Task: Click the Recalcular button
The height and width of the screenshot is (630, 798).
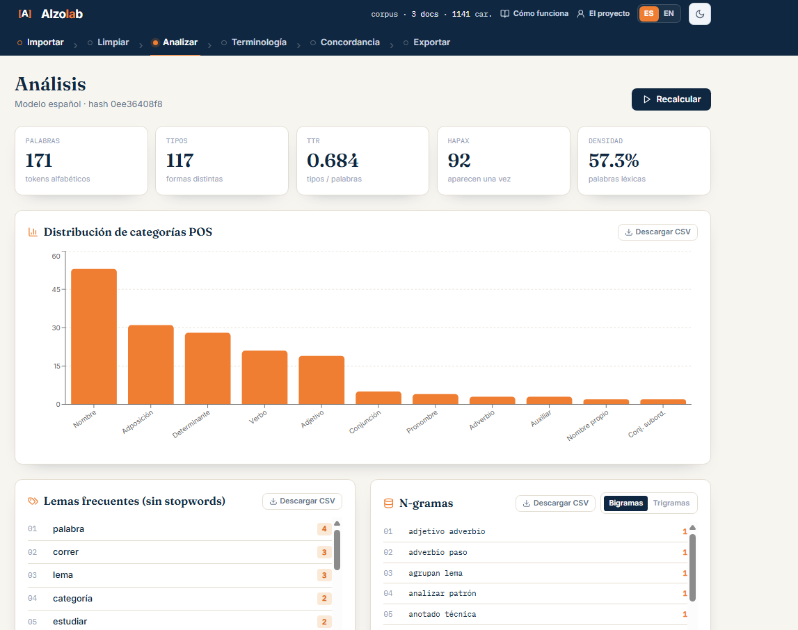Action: (671, 99)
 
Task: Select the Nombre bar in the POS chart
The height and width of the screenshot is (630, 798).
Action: (94, 337)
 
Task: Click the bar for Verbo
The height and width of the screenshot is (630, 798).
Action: (264, 378)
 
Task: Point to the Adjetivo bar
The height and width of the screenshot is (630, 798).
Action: (321, 380)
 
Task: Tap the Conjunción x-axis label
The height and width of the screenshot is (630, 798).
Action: (365, 422)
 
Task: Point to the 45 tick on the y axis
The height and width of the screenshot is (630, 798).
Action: (56, 289)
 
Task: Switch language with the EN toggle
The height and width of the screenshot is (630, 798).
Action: (669, 14)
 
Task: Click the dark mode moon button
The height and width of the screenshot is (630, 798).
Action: (700, 14)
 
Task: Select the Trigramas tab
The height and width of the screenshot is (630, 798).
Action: (671, 503)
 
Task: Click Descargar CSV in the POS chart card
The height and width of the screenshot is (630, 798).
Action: (657, 232)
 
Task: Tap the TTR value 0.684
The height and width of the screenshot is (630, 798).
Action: (333, 161)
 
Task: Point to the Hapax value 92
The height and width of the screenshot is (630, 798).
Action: (459, 161)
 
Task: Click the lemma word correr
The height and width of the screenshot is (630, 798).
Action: (65, 551)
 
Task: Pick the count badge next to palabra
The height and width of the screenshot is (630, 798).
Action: (324, 528)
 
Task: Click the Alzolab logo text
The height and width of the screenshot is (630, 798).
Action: (62, 14)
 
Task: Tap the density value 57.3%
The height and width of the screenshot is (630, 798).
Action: (614, 161)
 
